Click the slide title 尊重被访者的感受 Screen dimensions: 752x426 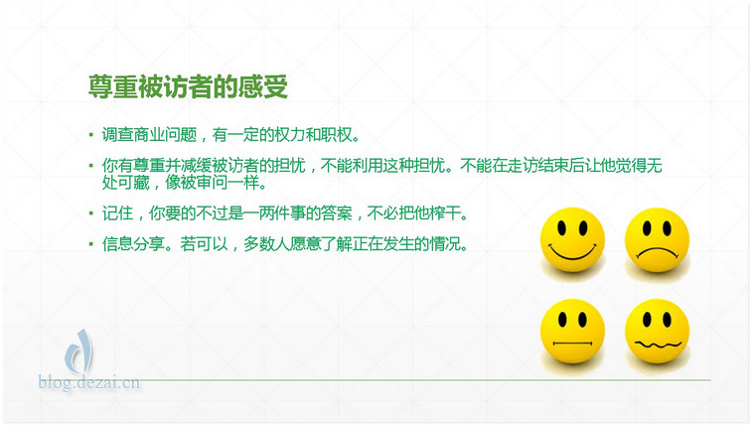point(188,86)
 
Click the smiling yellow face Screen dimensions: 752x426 point(572,239)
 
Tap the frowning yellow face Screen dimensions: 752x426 point(657,239)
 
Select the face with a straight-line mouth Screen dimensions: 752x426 point(572,331)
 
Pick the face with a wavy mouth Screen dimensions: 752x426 point(657,331)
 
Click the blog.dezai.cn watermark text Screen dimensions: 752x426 point(89,382)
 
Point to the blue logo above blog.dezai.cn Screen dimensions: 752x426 point(78,352)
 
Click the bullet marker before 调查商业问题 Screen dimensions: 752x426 point(91,135)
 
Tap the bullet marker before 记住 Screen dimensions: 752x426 point(91,213)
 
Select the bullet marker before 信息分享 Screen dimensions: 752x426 point(91,243)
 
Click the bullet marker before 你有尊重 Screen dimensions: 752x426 point(91,165)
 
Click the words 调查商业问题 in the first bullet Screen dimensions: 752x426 point(149,135)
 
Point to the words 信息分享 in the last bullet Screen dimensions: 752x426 point(133,244)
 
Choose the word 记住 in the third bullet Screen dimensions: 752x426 point(117,213)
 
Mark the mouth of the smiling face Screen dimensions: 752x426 point(572,252)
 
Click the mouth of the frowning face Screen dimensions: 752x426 point(657,252)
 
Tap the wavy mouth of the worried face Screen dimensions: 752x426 point(658,344)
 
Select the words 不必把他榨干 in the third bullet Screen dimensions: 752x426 point(414,213)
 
